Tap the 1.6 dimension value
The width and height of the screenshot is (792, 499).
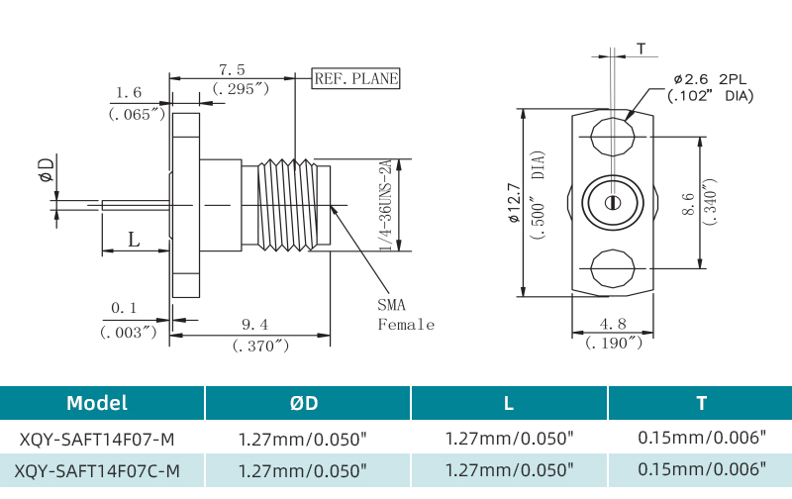pyautogui.click(x=129, y=93)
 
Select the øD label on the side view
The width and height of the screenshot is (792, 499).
pyautogui.click(x=46, y=169)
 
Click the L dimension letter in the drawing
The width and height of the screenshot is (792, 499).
pyautogui.click(x=134, y=239)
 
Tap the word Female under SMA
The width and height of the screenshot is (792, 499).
pyautogui.click(x=405, y=324)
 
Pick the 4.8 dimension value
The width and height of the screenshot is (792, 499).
pyautogui.click(x=613, y=323)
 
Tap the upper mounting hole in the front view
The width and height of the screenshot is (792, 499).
pyautogui.click(x=612, y=136)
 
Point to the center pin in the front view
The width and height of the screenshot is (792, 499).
pyautogui.click(x=612, y=203)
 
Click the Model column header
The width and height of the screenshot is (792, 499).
pyautogui.click(x=97, y=403)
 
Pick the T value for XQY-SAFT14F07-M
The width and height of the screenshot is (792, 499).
pyautogui.click(x=702, y=437)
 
